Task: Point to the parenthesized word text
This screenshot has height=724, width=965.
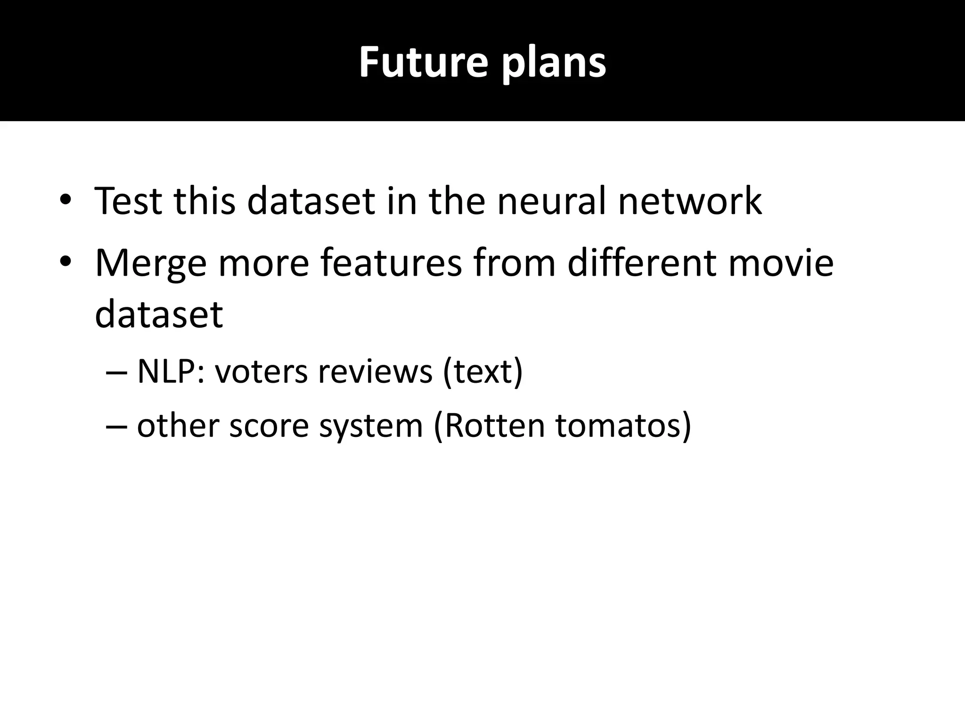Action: tap(483, 372)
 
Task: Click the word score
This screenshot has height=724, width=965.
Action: tap(269, 426)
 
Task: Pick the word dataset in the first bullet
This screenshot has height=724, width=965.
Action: tap(311, 201)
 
